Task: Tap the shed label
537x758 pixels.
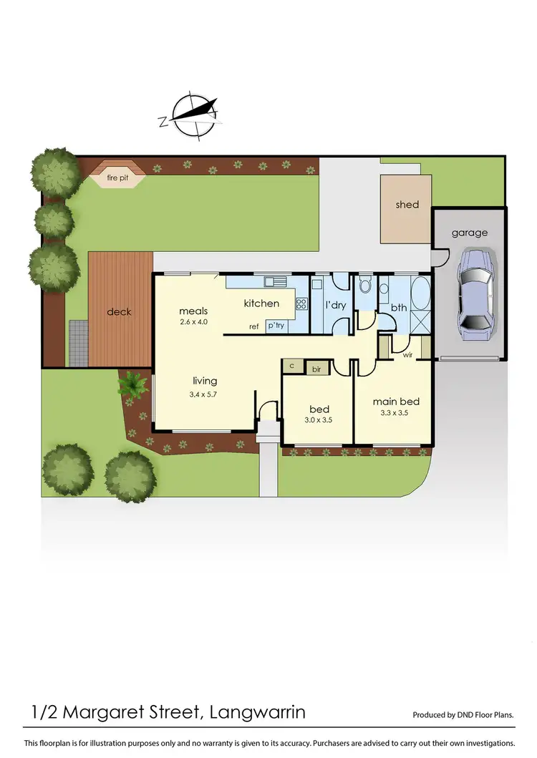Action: [x=407, y=205]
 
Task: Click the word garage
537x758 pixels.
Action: [x=469, y=233]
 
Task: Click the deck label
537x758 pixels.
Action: [x=120, y=312]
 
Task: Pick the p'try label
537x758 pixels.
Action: [x=276, y=326]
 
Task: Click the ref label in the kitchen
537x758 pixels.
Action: [x=253, y=326]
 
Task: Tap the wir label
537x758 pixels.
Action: [x=407, y=354]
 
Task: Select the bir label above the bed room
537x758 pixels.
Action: [x=316, y=369]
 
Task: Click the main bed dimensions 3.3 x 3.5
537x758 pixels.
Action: [x=395, y=412]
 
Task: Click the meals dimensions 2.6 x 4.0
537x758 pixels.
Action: [x=193, y=323]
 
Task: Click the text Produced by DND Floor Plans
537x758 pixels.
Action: [x=463, y=715]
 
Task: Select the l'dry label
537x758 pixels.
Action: [x=336, y=306]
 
